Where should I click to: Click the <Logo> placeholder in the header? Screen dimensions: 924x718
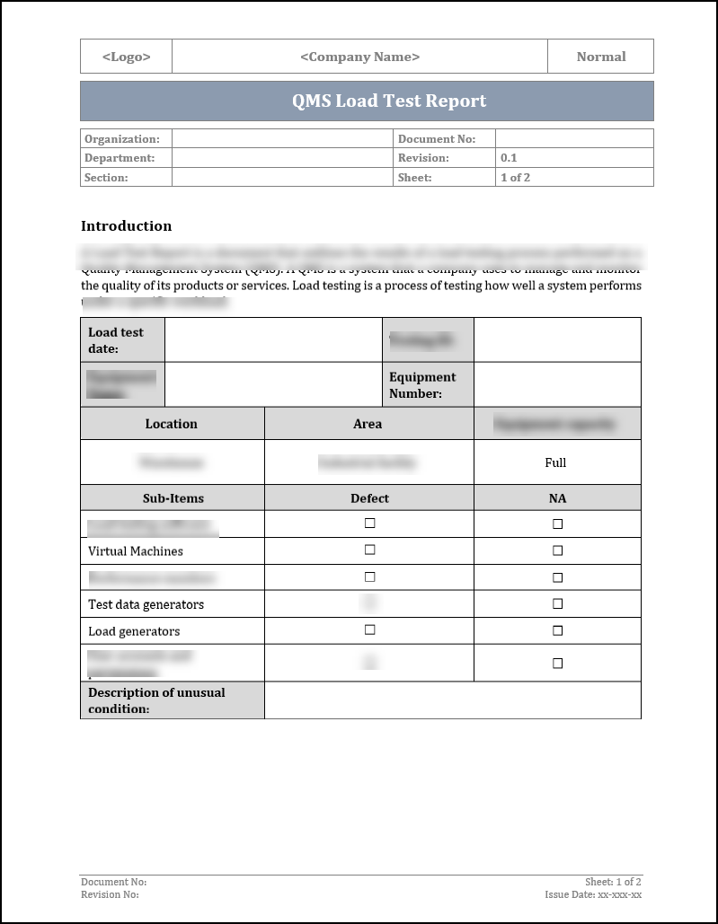126,57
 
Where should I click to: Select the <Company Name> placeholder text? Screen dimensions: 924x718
359,57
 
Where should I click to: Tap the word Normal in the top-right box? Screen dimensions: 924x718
600,57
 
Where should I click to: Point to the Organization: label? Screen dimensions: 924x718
122,139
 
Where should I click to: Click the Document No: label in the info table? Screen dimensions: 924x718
436,139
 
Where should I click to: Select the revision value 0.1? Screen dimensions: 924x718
509,158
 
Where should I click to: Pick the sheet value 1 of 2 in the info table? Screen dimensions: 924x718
515,178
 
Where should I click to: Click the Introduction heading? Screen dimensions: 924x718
126,226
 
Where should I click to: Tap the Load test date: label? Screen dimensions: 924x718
116,340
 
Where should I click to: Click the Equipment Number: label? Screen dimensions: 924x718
422,385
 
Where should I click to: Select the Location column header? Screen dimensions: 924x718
171,424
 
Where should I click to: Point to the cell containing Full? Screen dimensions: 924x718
555,462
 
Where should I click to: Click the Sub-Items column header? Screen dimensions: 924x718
173,498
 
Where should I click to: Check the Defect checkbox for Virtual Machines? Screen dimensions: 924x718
369,550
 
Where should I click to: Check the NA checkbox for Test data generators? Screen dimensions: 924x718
557,604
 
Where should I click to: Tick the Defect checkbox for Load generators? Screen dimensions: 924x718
369,630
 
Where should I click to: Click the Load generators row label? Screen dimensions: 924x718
134,631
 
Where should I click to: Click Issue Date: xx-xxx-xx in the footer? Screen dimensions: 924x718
592,894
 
